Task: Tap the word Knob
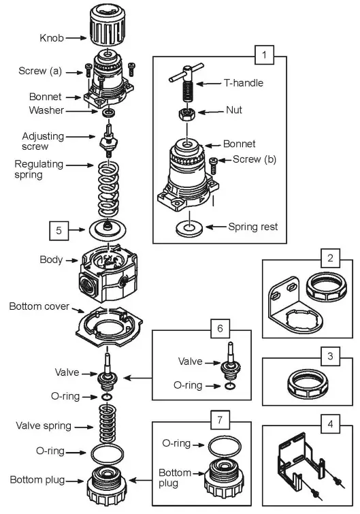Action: point(51,39)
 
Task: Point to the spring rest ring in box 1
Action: point(186,226)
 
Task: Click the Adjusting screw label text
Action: point(42,141)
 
